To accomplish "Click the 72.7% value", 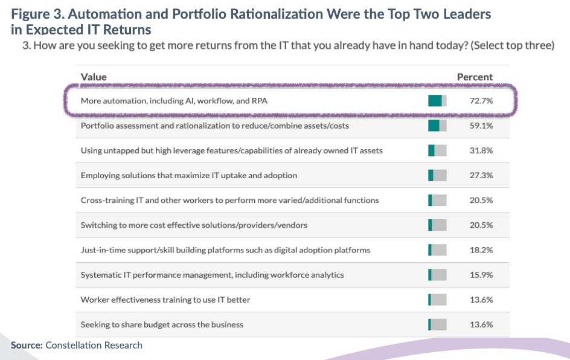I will click(x=481, y=101).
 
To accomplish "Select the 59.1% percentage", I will click(x=481, y=126).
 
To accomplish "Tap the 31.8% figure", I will click(x=481, y=150).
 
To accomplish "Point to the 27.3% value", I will click(x=481, y=175).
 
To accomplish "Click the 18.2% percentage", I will click(x=481, y=249).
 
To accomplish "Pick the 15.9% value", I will click(x=481, y=275).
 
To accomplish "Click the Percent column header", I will click(x=475, y=77).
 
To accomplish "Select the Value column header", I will click(x=94, y=77).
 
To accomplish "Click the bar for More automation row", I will click(x=437, y=101).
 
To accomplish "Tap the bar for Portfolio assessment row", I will click(x=437, y=126).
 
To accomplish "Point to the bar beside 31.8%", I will click(x=437, y=150).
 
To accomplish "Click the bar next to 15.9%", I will click(x=437, y=275).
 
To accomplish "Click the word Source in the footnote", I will click(x=27, y=346).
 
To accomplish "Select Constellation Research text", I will click(x=94, y=346).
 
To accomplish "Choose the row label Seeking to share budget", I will click(x=162, y=324).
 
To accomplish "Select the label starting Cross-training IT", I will click(x=229, y=200).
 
